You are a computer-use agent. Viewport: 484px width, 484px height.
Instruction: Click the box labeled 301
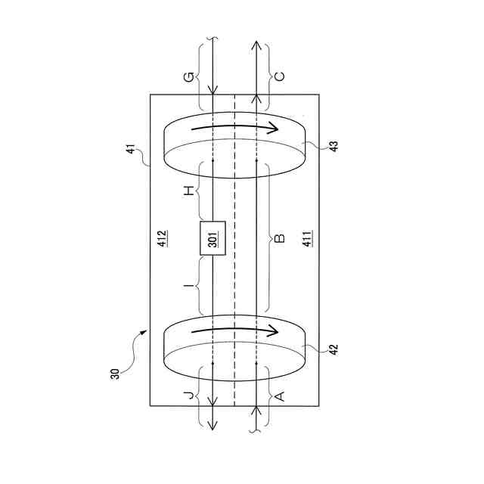pyautogui.click(x=213, y=238)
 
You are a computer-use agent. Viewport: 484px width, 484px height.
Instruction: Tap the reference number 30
pyautogui.click(x=114, y=374)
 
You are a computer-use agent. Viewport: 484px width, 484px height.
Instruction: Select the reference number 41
pyautogui.click(x=131, y=149)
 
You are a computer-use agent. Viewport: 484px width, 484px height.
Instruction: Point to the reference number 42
pyautogui.click(x=334, y=349)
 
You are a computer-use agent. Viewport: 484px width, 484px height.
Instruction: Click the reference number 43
pyautogui.click(x=334, y=145)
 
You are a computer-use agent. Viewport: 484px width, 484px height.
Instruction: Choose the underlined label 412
pyautogui.click(x=163, y=239)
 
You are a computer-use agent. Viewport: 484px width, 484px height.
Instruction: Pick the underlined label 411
pyautogui.click(x=307, y=239)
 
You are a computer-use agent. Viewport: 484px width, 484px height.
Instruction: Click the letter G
pyautogui.click(x=189, y=77)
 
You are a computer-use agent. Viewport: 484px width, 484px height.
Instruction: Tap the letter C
pyautogui.click(x=279, y=76)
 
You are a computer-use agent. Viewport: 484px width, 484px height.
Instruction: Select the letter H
pyautogui.click(x=189, y=191)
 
